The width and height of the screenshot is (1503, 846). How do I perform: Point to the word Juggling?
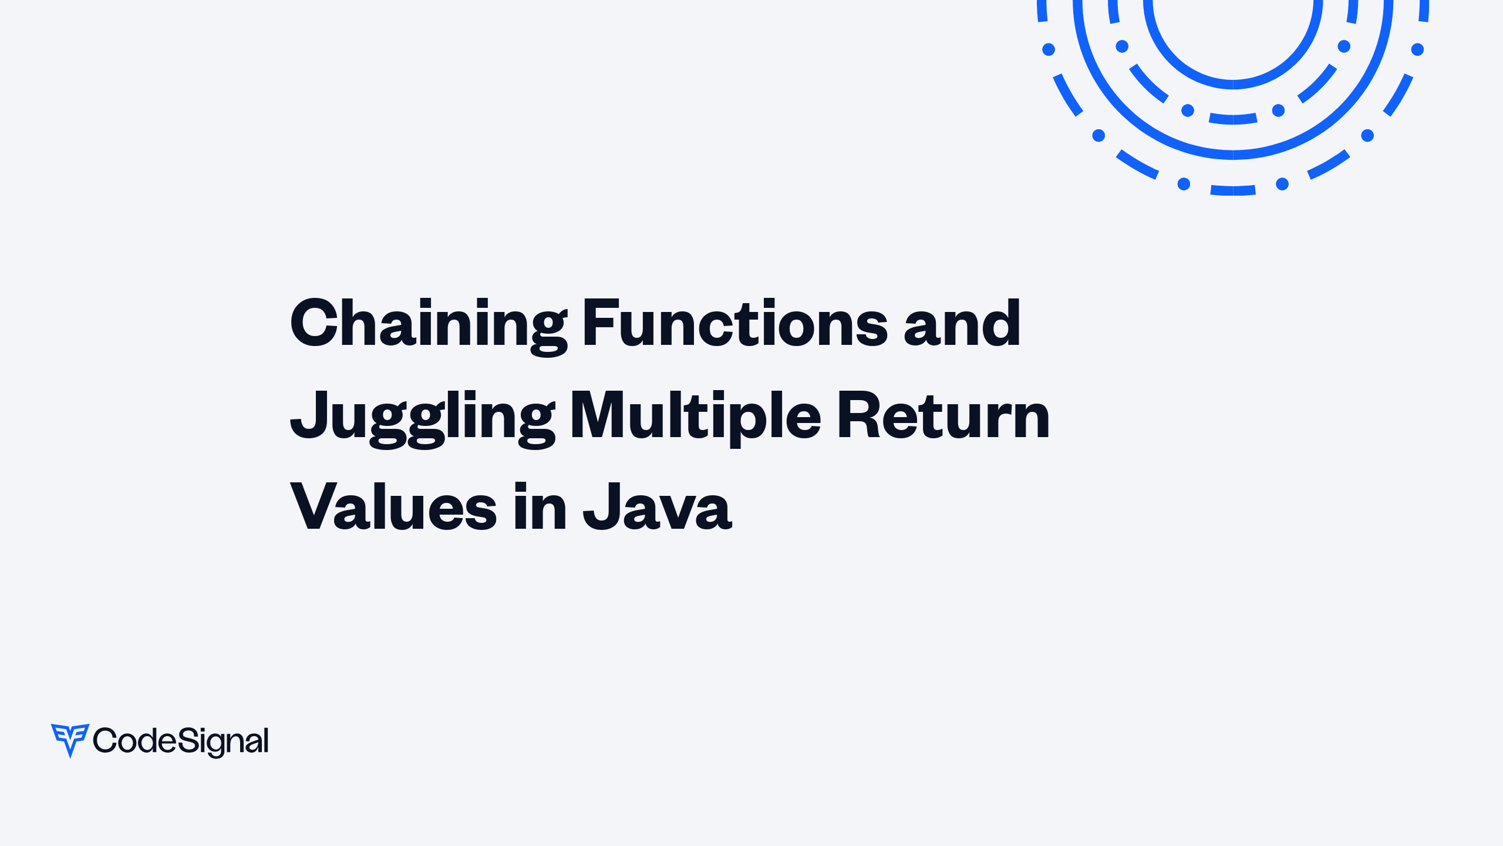[423, 417]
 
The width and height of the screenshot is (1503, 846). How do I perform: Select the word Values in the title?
[393, 506]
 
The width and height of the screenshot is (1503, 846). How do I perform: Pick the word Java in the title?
[658, 506]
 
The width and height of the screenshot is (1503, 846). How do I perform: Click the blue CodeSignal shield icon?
[70, 739]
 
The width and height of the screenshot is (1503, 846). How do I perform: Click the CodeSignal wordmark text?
[181, 741]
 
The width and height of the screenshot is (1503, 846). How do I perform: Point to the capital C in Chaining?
[317, 323]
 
